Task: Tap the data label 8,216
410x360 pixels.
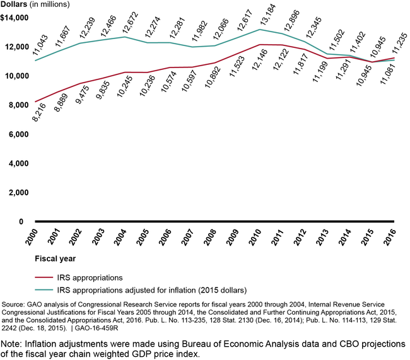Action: [40, 112]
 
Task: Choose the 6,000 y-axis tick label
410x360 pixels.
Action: [20, 134]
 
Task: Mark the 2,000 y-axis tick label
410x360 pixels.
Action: [20, 192]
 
